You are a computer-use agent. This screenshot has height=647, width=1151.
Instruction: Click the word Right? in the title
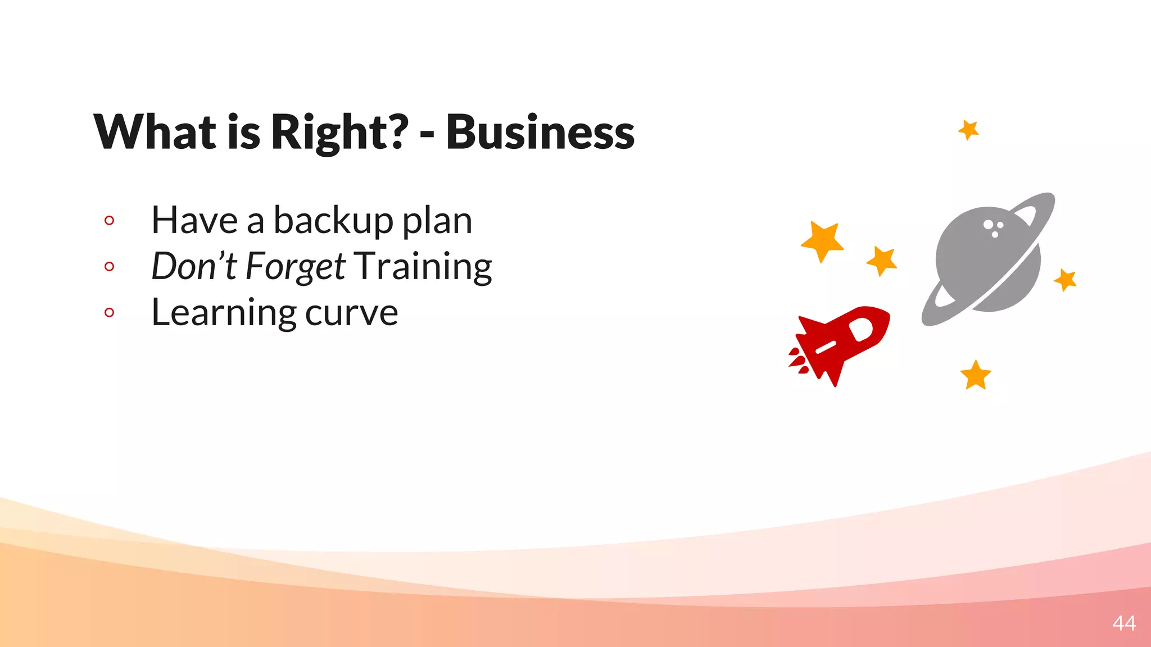(339, 133)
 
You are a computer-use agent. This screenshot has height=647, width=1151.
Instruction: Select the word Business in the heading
(540, 133)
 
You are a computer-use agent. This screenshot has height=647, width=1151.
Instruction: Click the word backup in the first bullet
(333, 220)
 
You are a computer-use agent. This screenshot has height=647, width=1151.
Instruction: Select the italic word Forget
(295, 266)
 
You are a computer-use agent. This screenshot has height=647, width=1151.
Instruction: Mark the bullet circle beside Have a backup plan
(110, 221)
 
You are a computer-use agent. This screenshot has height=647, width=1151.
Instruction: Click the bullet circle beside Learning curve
(110, 312)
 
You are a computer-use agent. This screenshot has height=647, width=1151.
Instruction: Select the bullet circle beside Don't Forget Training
(110, 266)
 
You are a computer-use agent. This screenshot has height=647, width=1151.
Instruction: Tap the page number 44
(1123, 623)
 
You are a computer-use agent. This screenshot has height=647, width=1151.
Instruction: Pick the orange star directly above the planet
(968, 130)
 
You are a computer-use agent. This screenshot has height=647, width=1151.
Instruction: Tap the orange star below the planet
(976, 375)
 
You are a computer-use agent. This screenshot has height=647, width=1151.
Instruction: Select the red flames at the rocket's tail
(798, 361)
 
